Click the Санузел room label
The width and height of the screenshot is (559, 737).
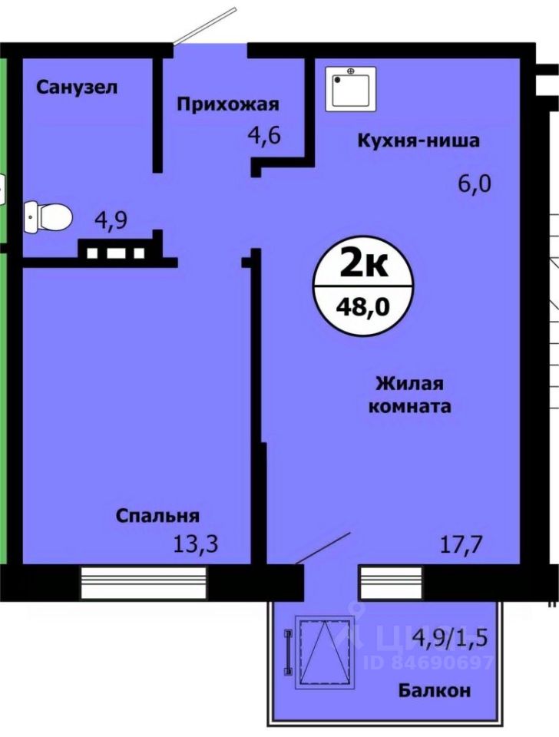pos(77,87)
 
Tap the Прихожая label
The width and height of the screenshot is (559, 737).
pos(227,104)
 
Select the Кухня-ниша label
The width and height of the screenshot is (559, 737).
pos(417,140)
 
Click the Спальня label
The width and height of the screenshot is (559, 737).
pos(158,515)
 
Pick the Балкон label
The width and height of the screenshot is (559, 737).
pos(435,689)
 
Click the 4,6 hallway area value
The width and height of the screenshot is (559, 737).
pos(263,137)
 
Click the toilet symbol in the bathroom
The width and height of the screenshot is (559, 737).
pos(48,216)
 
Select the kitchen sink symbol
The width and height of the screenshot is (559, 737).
pos(351,90)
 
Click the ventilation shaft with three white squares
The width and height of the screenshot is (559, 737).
pos(116,251)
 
